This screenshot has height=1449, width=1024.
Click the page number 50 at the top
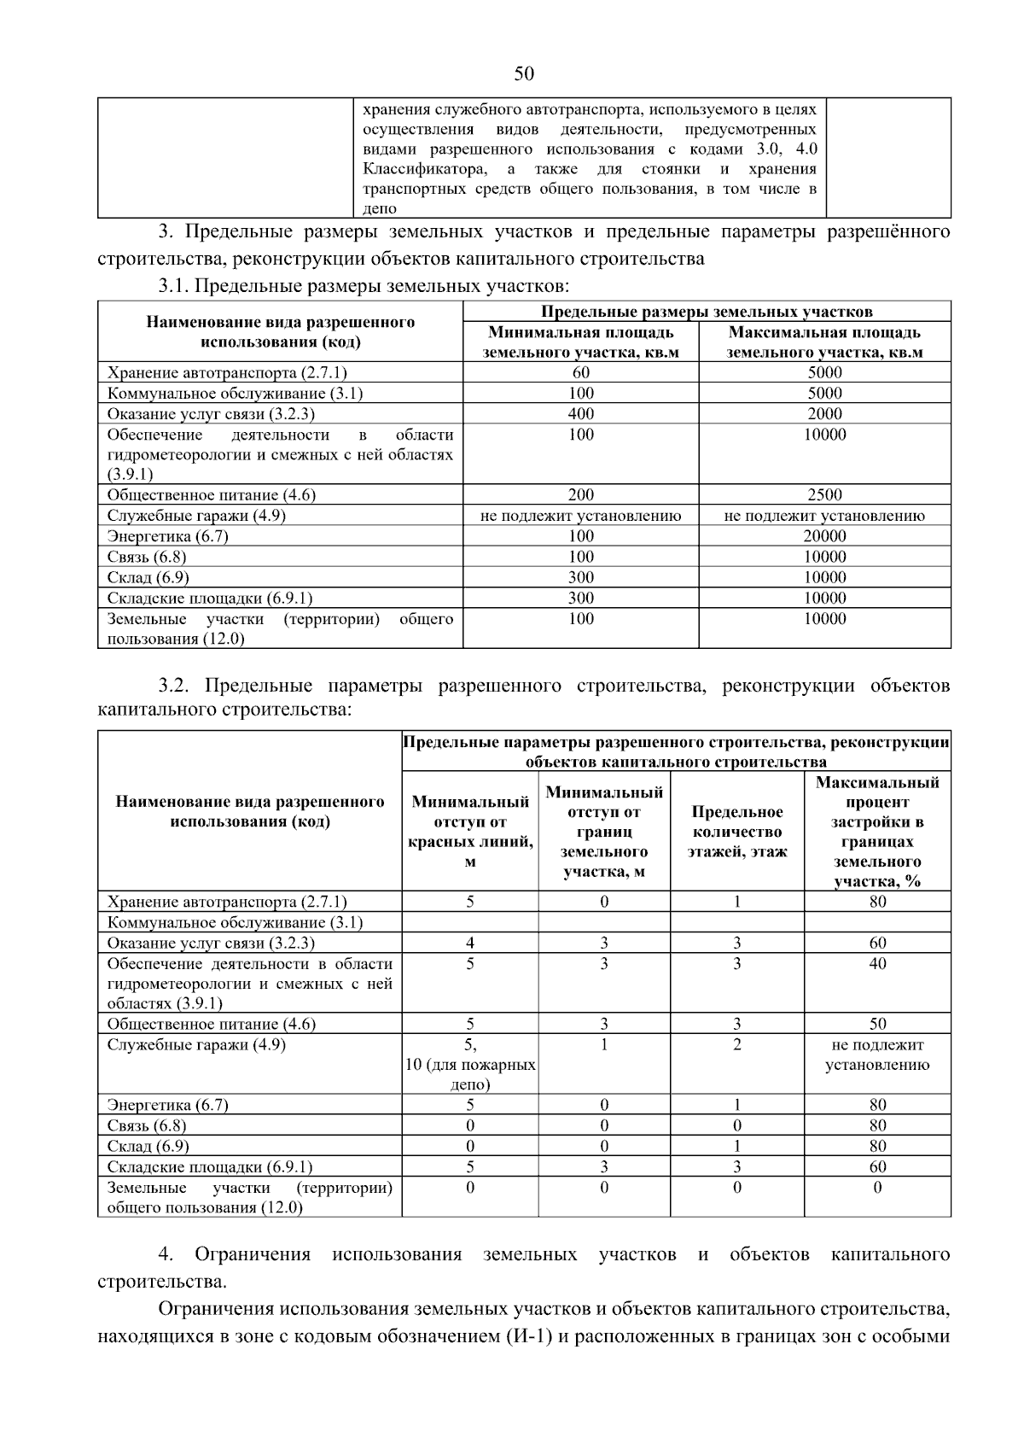pos(524,74)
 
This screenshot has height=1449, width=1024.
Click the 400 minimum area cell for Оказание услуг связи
pos(580,414)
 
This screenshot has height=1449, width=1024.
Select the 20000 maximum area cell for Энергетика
pos(824,536)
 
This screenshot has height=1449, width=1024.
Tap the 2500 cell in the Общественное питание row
pos(824,495)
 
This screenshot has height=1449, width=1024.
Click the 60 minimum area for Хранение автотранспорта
pos(580,372)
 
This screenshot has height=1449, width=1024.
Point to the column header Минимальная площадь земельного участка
pos(580,342)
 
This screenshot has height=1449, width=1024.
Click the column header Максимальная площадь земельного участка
pos(824,342)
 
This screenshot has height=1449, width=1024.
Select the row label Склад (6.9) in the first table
pos(148,578)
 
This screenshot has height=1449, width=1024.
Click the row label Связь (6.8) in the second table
pos(147,1126)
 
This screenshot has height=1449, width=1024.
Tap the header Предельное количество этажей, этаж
pos(737,832)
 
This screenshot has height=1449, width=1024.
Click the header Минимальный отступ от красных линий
pos(470,832)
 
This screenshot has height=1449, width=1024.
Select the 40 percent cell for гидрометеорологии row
pos(877,964)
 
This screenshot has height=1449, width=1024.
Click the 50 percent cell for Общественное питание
pos(877,1024)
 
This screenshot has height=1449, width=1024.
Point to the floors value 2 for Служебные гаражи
pos(737,1045)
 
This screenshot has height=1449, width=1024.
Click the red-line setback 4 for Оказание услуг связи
pos(470,944)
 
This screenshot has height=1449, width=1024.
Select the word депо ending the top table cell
pos(380,208)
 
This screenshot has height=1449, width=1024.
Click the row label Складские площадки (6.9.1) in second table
pos(210,1167)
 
